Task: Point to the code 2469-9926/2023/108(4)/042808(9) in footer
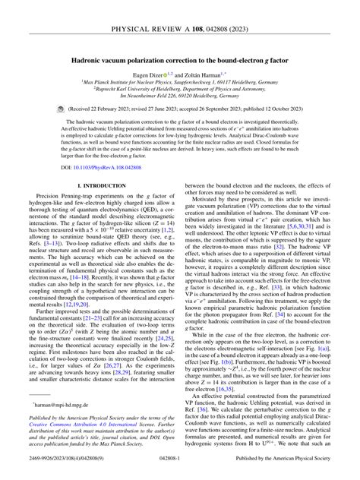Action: [x=56, y=472]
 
